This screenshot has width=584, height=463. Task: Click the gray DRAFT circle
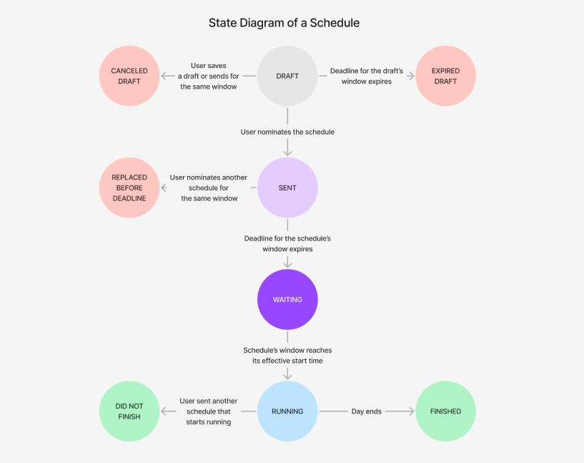(287, 77)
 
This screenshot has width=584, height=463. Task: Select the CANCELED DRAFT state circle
(129, 77)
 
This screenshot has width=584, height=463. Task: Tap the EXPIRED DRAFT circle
(445, 77)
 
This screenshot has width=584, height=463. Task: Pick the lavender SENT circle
(287, 188)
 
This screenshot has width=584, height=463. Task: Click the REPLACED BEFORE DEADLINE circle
(129, 188)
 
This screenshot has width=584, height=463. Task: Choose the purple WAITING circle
(287, 300)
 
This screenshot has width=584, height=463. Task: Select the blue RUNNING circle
(287, 411)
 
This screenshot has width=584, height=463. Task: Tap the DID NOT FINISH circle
(129, 411)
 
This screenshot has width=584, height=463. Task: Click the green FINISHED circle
(445, 411)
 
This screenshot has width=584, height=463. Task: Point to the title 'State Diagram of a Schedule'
(284, 23)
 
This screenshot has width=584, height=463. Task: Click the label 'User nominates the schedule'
(287, 132)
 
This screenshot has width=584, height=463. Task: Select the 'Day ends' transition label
(367, 411)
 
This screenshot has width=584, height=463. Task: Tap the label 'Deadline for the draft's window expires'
(367, 77)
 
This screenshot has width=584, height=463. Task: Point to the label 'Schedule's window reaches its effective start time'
(287, 356)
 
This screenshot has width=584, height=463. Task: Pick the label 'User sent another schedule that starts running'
(209, 411)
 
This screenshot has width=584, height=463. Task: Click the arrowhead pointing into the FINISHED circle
(411, 411)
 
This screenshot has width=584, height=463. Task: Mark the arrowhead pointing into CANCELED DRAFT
(164, 77)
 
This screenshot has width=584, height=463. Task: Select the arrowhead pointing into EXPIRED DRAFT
(411, 77)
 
